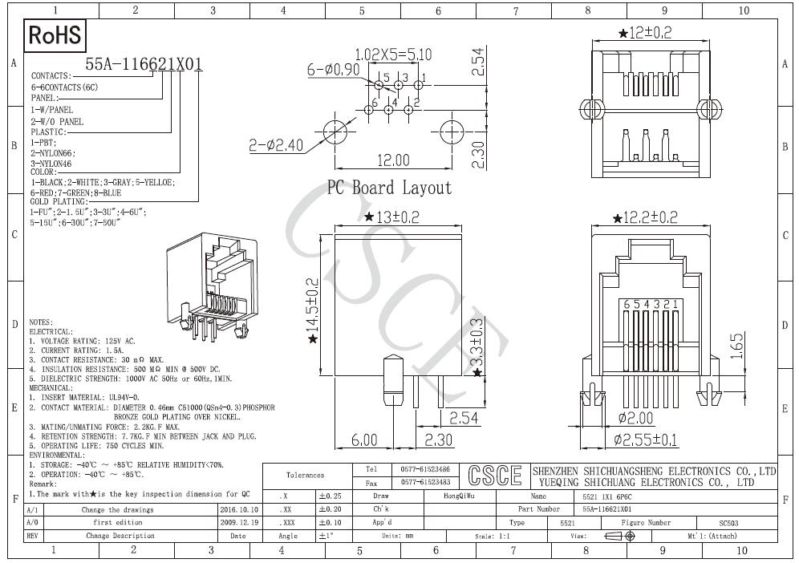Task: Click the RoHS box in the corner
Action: (x=55, y=35)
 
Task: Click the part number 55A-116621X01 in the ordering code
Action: (x=144, y=65)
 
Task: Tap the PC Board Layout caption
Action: (x=389, y=188)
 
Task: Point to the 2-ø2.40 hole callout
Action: (x=274, y=145)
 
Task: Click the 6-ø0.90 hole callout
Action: (x=334, y=70)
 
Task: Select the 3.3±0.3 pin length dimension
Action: (x=477, y=345)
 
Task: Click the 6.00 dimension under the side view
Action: (x=364, y=439)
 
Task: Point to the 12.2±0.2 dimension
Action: (x=646, y=217)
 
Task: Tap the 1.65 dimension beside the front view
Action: (x=737, y=346)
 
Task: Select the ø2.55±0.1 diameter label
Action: (x=645, y=439)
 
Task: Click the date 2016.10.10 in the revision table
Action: (x=238, y=509)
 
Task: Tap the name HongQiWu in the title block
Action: (x=459, y=496)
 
